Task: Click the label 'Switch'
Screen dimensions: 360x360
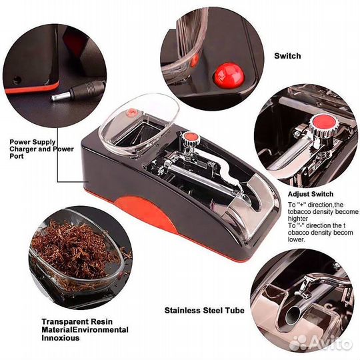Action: click(287, 56)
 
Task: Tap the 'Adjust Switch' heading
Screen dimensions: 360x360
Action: click(311, 194)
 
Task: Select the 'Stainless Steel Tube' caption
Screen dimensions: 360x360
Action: click(205, 311)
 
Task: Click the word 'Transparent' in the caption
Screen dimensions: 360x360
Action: click(65, 321)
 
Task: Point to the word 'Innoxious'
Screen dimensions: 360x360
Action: click(61, 338)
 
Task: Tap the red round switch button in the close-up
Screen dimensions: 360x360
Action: click(229, 75)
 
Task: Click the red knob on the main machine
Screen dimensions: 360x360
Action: click(189, 137)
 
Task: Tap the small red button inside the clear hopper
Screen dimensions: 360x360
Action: click(132, 112)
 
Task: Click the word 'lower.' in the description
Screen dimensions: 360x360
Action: click(297, 239)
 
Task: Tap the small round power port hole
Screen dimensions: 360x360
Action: click(17, 80)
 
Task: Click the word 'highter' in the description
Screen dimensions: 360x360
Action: click(298, 219)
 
